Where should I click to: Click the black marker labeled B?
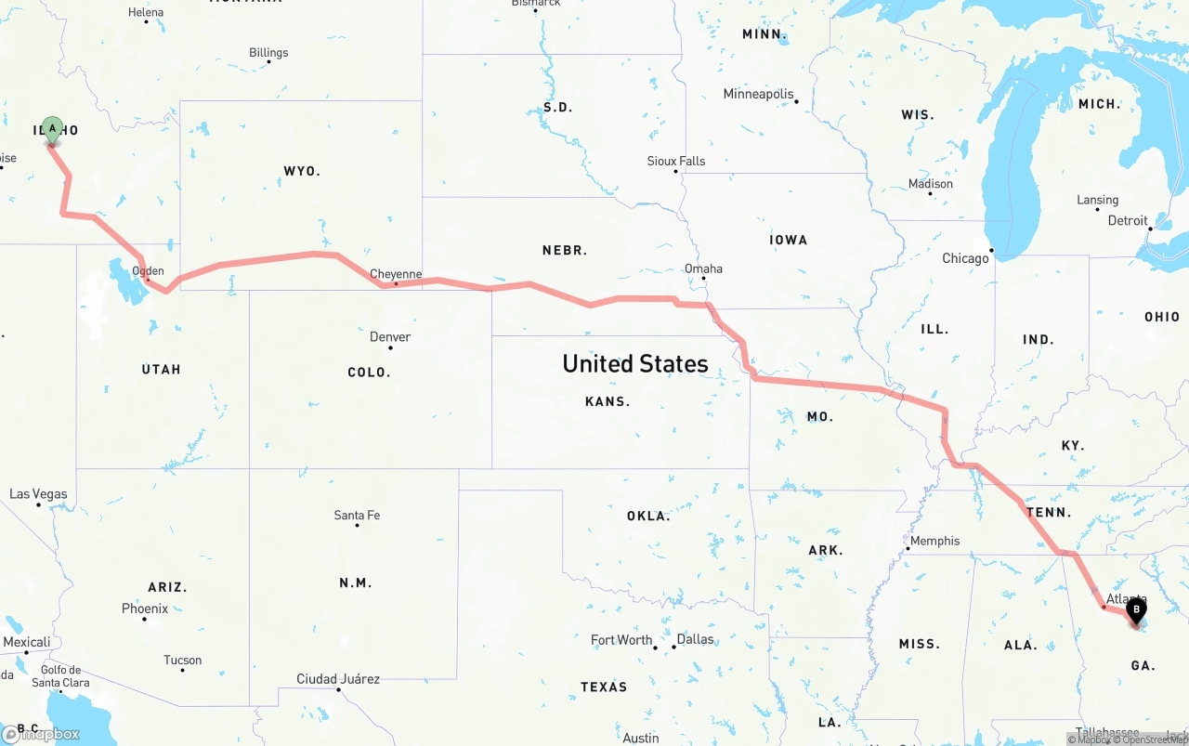pyautogui.click(x=1135, y=611)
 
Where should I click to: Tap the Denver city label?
pyautogui.click(x=390, y=337)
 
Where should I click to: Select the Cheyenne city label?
pyautogui.click(x=396, y=274)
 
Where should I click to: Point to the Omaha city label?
pyautogui.click(x=703, y=268)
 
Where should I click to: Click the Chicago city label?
pyautogui.click(x=965, y=258)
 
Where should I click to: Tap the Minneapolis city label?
pyautogui.click(x=758, y=94)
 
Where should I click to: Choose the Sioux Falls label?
pyautogui.click(x=675, y=161)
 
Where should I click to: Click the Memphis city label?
pyautogui.click(x=934, y=541)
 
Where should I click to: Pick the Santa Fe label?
pyautogui.click(x=357, y=516)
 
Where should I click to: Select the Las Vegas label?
pyautogui.click(x=38, y=494)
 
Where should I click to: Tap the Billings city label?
pyautogui.click(x=268, y=53)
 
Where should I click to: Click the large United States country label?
pyautogui.click(x=635, y=363)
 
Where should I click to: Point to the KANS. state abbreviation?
pyautogui.click(x=608, y=401)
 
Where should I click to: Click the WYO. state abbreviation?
pyautogui.click(x=302, y=171)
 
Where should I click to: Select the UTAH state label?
pyautogui.click(x=162, y=369)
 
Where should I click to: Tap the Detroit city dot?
pyautogui.click(x=1149, y=229)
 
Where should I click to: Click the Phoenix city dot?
pyautogui.click(x=144, y=619)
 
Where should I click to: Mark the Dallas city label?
pyautogui.click(x=695, y=639)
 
